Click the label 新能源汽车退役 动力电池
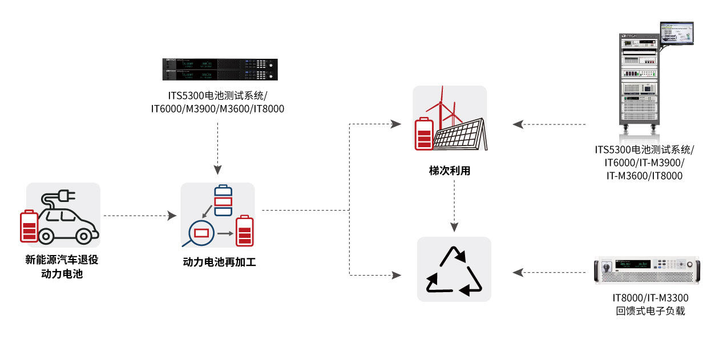pyautogui.click(x=62, y=266)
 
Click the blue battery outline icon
pyautogui.click(x=223, y=201)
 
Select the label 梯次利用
pyautogui.click(x=450, y=171)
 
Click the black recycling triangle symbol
pyautogui.click(x=454, y=271)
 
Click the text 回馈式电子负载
pyautogui.click(x=650, y=311)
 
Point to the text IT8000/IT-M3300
pyautogui.click(x=650, y=298)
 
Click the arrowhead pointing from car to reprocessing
pyautogui.click(x=172, y=216)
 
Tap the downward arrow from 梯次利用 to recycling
pyautogui.click(x=454, y=226)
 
